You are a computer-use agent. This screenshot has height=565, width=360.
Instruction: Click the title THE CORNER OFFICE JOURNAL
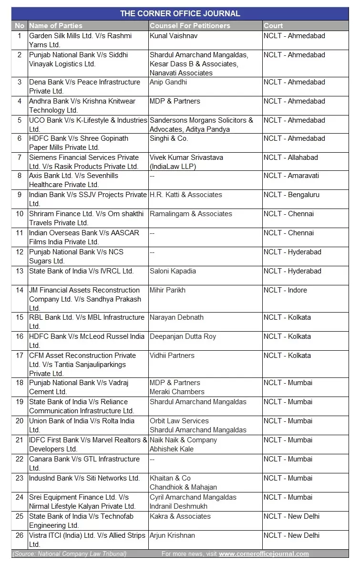(x=180, y=13)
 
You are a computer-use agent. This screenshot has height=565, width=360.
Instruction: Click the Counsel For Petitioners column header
(x=190, y=26)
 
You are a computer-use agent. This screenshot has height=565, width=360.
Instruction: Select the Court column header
(x=273, y=26)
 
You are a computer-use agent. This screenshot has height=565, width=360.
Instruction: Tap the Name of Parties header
(x=56, y=26)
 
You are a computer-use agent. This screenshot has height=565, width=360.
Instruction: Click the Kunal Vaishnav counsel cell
(x=174, y=36)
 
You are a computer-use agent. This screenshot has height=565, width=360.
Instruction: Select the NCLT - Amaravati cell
(x=291, y=176)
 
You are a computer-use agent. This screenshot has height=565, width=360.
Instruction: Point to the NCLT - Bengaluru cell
(x=291, y=195)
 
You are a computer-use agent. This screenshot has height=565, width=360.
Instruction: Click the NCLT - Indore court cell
(x=285, y=290)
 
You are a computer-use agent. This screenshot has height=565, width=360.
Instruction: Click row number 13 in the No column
(x=20, y=271)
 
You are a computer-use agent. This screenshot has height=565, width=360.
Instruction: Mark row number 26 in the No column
(x=20, y=535)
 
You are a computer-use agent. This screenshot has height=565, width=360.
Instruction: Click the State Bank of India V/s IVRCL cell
(x=82, y=271)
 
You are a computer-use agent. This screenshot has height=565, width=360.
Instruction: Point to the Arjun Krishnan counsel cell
(x=172, y=535)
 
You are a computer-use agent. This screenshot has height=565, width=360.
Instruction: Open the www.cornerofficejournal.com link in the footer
(x=264, y=554)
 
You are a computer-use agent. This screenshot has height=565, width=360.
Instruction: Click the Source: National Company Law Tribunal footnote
(x=70, y=554)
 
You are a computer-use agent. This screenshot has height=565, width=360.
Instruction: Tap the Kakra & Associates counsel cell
(x=180, y=516)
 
